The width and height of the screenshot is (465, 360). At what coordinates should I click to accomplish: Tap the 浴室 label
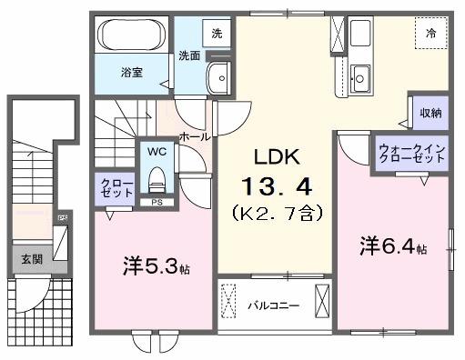click(x=132, y=71)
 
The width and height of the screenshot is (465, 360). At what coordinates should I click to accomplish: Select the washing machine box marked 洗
click(x=216, y=33)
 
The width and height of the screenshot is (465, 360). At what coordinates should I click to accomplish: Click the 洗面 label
click(x=189, y=55)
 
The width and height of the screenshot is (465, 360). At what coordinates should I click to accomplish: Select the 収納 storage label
click(x=430, y=113)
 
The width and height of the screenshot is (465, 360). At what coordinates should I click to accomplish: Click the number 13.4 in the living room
click(x=277, y=187)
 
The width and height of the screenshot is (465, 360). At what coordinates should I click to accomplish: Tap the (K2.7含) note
click(x=277, y=215)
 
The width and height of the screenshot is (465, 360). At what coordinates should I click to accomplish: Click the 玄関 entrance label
click(x=30, y=258)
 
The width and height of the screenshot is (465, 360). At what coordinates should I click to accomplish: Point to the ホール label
click(x=196, y=136)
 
